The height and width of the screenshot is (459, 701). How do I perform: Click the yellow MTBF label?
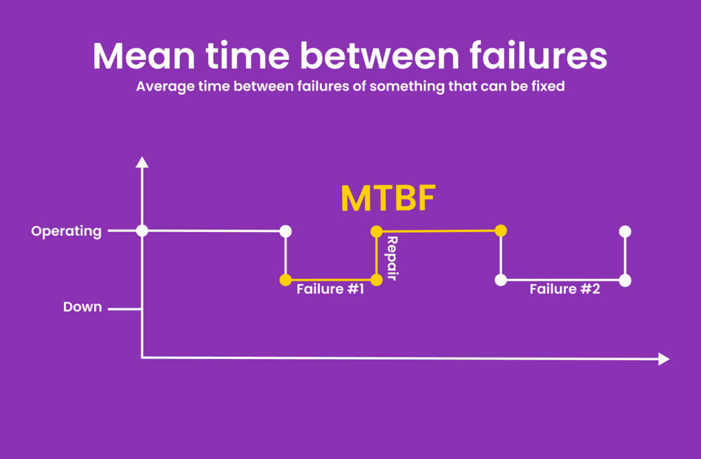[x=388, y=199]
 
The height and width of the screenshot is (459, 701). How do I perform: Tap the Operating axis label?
[x=66, y=231]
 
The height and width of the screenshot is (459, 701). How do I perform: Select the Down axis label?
[x=82, y=307]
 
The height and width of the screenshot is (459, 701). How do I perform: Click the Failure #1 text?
[x=331, y=289]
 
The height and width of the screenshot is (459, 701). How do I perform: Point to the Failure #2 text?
[x=565, y=289]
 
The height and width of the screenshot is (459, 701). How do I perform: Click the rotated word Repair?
[x=392, y=258]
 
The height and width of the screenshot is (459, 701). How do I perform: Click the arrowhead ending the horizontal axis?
[x=664, y=359]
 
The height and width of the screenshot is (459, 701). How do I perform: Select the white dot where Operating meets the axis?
[x=142, y=231]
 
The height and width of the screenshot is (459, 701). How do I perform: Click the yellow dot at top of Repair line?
[x=376, y=232]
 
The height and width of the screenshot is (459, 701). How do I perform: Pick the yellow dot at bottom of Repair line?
[x=376, y=280]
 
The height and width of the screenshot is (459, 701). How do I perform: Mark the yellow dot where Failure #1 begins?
[x=286, y=280]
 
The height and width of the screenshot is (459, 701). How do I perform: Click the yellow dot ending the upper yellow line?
[x=500, y=231]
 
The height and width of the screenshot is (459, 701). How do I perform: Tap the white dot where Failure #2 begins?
[x=500, y=280]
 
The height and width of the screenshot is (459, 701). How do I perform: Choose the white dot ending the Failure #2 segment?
[x=625, y=280]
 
